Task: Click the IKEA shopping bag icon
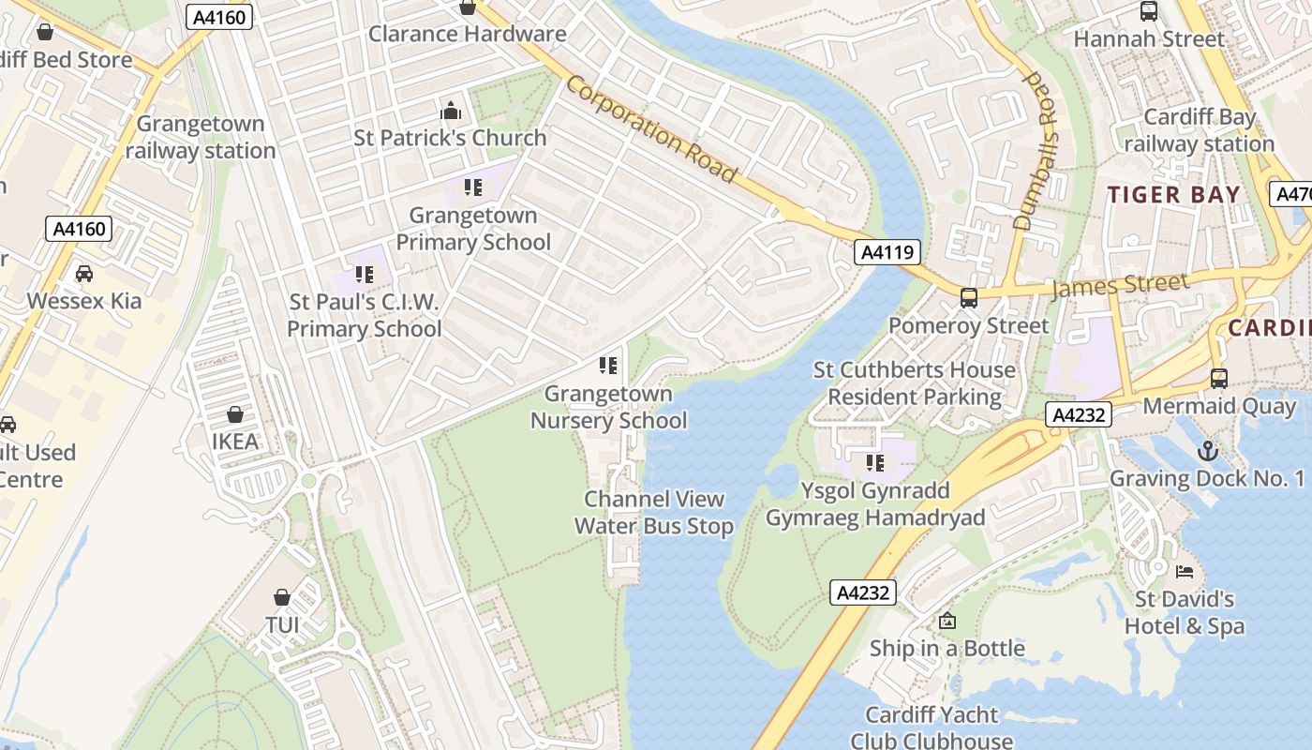[235, 414]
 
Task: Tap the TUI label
[282, 624]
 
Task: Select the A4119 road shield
[887, 252]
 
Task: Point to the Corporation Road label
[651, 128]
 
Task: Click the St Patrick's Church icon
[451, 111]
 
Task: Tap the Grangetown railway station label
[201, 137]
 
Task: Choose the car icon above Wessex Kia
[84, 274]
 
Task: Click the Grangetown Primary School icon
[473, 187]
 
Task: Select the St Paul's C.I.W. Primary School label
[364, 315]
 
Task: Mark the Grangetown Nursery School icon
[608, 365]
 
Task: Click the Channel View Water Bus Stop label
[653, 513]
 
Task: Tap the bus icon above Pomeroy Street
[969, 298]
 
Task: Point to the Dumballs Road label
[1036, 150]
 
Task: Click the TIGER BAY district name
[1174, 195]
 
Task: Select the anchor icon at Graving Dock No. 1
[1208, 451]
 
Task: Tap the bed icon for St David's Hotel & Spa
[1185, 571]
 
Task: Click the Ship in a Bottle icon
[947, 621]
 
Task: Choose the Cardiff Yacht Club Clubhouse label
[932, 727]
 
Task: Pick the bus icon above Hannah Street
[1149, 11]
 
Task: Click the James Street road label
[1120, 284]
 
